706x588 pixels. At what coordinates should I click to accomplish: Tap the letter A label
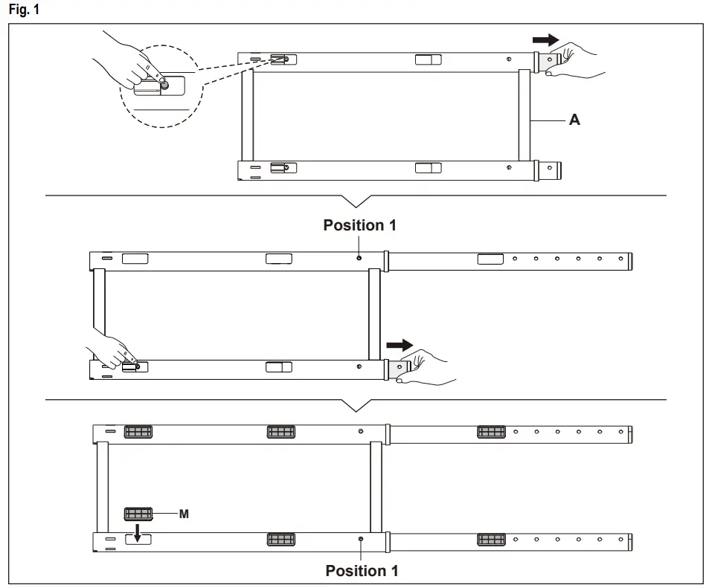pyautogui.click(x=574, y=120)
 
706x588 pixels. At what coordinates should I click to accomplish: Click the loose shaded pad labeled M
pyautogui.click(x=138, y=514)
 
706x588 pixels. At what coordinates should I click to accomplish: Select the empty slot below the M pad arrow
pyautogui.click(x=138, y=540)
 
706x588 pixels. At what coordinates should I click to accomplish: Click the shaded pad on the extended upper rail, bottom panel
pyautogui.click(x=491, y=431)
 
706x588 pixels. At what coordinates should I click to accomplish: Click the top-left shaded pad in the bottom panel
pyautogui.click(x=138, y=432)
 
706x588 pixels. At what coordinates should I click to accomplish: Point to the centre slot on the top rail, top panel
pyautogui.click(x=428, y=59)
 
